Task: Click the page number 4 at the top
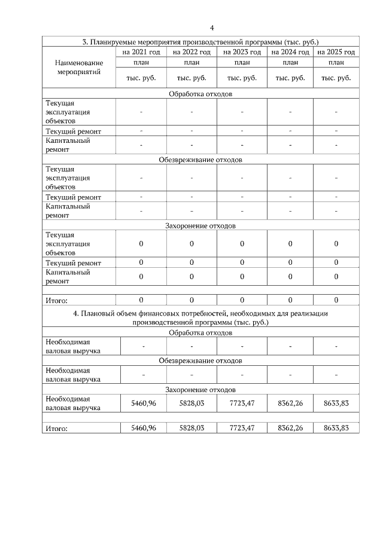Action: pyautogui.click(x=212, y=27)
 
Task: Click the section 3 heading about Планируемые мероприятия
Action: pyautogui.click(x=200, y=42)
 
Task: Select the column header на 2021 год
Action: pyautogui.click(x=141, y=53)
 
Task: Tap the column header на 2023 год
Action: pyautogui.click(x=242, y=53)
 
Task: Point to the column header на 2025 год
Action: pyautogui.click(x=336, y=53)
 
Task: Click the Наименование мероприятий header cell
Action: pyautogui.click(x=78, y=67)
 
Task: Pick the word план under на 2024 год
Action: pyautogui.click(x=290, y=63)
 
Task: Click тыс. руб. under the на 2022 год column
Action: pyautogui.click(x=191, y=78)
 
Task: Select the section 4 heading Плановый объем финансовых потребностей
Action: pyautogui.click(x=200, y=317)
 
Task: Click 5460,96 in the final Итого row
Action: pyautogui.click(x=143, y=428)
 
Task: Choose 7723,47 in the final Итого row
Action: pyautogui.click(x=242, y=428)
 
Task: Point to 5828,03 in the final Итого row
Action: pyautogui.click(x=191, y=428)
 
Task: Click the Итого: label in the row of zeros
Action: pyautogui.click(x=57, y=301)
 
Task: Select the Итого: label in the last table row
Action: pyautogui.click(x=57, y=429)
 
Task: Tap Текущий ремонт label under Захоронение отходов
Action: pyautogui.click(x=73, y=263)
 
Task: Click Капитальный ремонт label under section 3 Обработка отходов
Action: pyautogui.click(x=68, y=146)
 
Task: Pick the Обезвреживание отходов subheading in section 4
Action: pyautogui.click(x=200, y=361)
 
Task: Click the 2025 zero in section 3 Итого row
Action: pyautogui.click(x=336, y=300)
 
